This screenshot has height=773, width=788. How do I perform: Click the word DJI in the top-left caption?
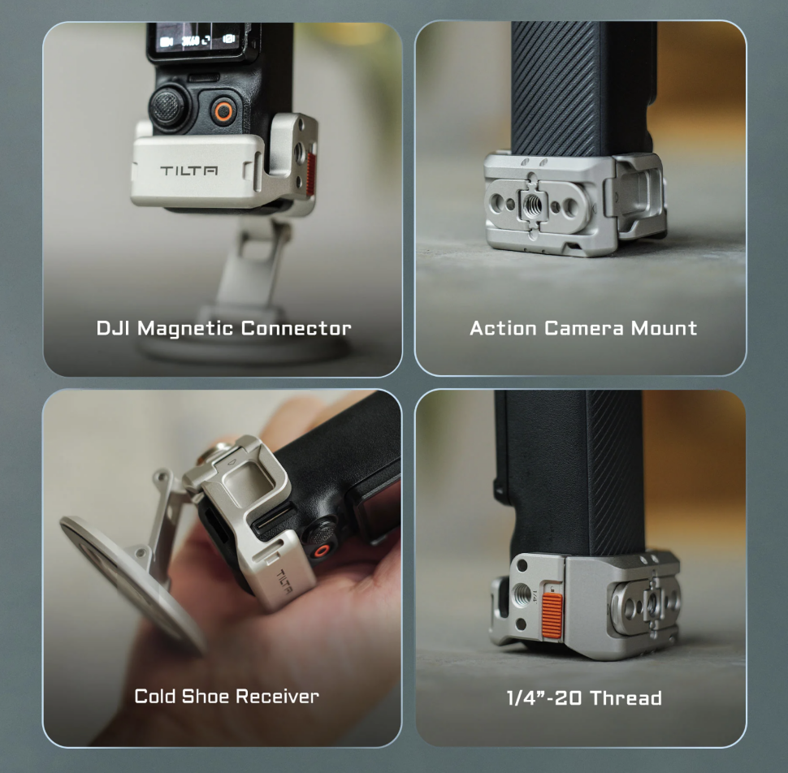point(114,328)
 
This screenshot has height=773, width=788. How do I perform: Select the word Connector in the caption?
point(296,328)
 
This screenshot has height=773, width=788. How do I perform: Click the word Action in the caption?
point(503,328)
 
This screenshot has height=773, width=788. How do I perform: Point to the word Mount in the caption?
point(664,328)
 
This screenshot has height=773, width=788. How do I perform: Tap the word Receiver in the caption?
point(277,696)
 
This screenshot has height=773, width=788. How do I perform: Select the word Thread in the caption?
point(626,697)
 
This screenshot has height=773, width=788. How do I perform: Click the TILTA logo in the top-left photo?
point(189,171)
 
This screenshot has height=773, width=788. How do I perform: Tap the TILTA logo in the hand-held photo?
point(285,581)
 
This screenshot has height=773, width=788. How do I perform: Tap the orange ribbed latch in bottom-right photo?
point(552,616)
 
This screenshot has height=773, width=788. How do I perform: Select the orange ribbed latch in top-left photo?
point(310,174)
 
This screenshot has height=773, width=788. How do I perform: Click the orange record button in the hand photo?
point(321,551)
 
